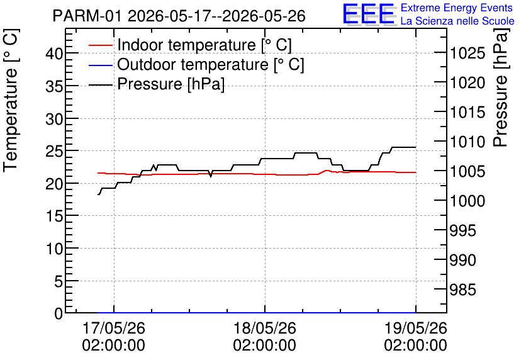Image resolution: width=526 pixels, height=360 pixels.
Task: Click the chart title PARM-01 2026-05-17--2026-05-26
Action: tap(179, 16)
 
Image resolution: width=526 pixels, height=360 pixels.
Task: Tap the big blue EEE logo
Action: tap(368, 14)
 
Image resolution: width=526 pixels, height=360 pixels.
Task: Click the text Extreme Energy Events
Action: tap(457, 8)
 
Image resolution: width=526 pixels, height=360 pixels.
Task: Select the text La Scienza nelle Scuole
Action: tap(457, 21)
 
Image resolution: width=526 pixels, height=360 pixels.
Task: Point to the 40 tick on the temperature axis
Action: tap(54, 53)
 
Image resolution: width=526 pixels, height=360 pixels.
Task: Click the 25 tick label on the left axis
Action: tap(54, 151)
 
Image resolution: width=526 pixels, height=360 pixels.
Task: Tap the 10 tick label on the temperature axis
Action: tap(54, 249)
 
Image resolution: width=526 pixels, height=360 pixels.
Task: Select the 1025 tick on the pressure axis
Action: tap(467, 53)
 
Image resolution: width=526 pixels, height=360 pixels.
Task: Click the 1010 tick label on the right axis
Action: tap(467, 142)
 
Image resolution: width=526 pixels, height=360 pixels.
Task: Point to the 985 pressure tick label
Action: tap(462, 290)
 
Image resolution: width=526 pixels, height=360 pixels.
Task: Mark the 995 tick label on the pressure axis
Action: tap(462, 230)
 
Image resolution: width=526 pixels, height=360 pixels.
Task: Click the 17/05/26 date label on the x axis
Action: tap(114, 328)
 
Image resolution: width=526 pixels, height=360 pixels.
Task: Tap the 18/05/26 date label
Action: tap(265, 328)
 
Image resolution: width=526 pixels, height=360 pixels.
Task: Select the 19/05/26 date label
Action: tap(416, 328)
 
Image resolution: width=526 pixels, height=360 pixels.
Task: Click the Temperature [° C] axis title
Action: tap(11, 101)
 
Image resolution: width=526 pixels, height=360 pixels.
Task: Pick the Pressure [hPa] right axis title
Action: tap(501, 87)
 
